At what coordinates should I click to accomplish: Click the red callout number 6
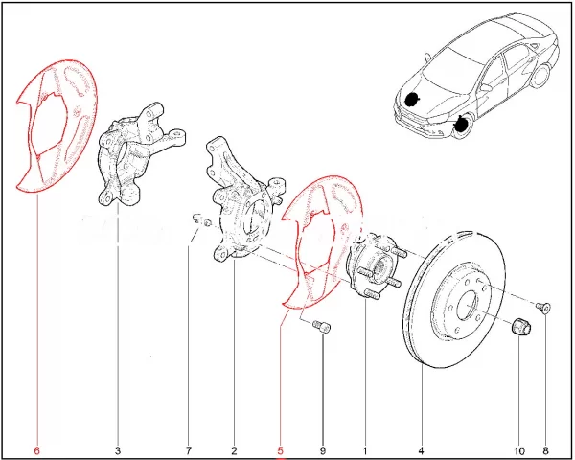coord(36,450)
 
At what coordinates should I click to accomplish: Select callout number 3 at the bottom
coord(118,450)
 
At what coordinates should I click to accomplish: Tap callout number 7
coord(188,450)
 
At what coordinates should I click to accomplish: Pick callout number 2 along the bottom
coord(235,450)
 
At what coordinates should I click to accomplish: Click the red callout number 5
coord(281,450)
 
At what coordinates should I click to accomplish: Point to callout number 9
coord(323,450)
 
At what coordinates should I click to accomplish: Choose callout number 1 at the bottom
coord(365,450)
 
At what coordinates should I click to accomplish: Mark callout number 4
coord(421,450)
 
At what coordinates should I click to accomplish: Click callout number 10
coord(518,450)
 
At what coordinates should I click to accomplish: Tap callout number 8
coord(545,450)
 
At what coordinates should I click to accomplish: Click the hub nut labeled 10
coord(520,326)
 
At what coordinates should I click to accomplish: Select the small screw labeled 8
coord(543,307)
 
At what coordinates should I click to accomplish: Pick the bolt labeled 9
coord(322,326)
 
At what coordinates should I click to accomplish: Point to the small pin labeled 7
coord(202,219)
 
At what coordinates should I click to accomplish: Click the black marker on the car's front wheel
coord(460,125)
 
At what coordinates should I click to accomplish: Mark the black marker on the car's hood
coord(412,100)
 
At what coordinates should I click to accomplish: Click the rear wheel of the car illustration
coord(541,75)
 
